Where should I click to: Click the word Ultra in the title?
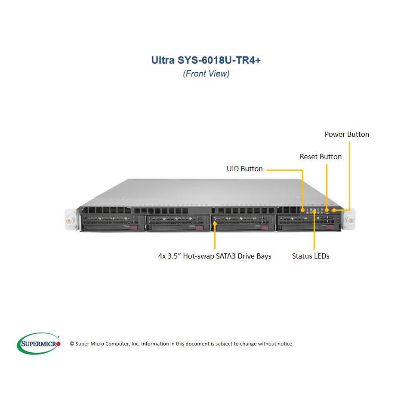(163, 60)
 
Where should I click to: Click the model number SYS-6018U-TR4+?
(219, 60)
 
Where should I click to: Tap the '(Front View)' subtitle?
(206, 74)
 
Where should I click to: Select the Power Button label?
(347, 134)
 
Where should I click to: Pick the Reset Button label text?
(321, 157)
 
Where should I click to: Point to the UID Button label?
(245, 169)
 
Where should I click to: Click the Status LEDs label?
(311, 256)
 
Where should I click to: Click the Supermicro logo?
(39, 343)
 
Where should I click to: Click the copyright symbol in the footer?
(72, 344)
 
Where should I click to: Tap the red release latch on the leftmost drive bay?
(134, 228)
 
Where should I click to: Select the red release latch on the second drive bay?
(199, 228)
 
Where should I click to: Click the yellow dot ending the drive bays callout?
(215, 224)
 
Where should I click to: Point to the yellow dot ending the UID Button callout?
(303, 210)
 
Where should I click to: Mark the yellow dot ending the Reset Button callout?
(327, 210)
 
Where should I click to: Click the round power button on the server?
(334, 210)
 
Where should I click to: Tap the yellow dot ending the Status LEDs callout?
(314, 212)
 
